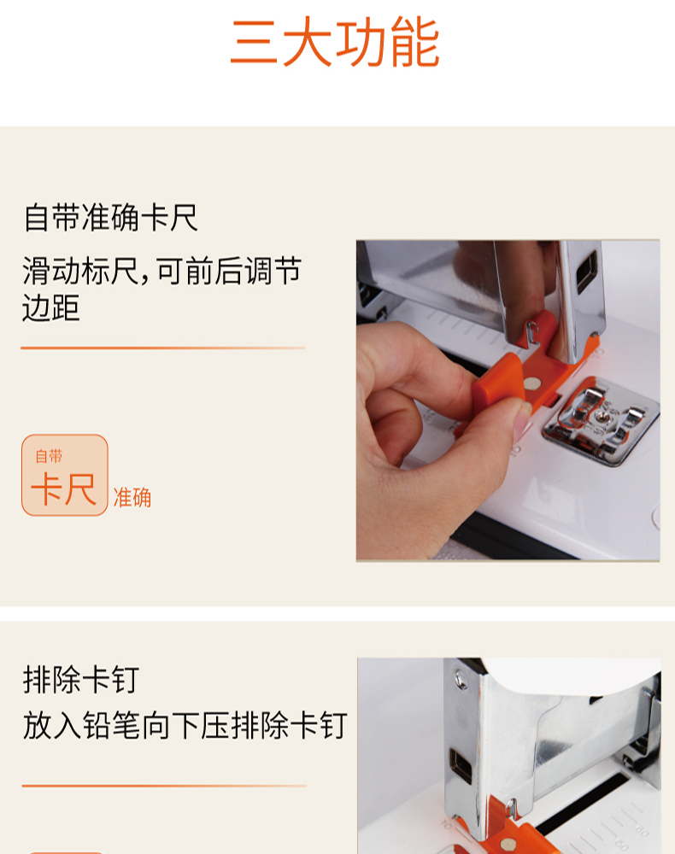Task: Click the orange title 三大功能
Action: click(334, 42)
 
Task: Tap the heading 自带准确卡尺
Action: click(110, 218)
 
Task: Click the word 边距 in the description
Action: click(51, 307)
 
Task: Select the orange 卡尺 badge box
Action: click(65, 475)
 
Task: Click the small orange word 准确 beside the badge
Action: click(132, 498)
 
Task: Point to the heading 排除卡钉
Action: click(81, 680)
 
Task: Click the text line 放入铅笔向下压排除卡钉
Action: click(185, 725)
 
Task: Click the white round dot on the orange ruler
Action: click(532, 384)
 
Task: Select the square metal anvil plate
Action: click(602, 421)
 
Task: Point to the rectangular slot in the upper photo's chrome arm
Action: click(586, 271)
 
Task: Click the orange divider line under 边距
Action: click(163, 348)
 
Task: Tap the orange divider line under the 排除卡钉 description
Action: click(164, 786)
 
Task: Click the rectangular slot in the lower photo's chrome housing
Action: click(461, 766)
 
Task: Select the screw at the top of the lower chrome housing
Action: click(461, 679)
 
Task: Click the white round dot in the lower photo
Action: click(508, 845)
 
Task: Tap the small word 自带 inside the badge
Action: click(49, 456)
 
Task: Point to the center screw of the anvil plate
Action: click(602, 417)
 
